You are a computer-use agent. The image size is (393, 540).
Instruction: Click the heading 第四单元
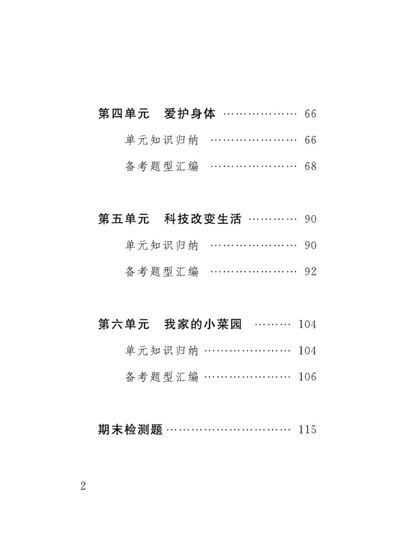click(123, 114)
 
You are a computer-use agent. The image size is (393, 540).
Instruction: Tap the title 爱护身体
click(190, 114)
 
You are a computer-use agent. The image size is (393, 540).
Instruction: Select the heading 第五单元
click(123, 219)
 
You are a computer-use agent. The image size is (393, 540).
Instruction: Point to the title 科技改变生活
click(203, 219)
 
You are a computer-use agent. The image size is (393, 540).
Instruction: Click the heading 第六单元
click(123, 324)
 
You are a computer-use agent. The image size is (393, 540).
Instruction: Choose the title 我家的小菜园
click(203, 324)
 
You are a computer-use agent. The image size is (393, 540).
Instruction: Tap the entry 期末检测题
click(130, 430)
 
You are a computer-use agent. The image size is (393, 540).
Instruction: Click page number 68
click(310, 166)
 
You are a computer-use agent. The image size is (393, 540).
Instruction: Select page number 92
click(310, 272)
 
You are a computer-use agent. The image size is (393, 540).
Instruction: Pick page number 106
click(307, 377)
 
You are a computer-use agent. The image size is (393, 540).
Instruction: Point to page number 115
click(307, 430)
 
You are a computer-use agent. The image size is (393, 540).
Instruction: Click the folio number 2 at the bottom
click(83, 486)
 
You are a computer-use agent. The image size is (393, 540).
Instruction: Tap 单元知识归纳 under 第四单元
click(162, 140)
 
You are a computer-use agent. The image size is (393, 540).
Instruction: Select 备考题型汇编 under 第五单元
click(162, 272)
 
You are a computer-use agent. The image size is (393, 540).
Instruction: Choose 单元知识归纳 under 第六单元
click(162, 351)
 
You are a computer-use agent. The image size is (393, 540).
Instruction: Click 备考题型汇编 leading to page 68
click(162, 166)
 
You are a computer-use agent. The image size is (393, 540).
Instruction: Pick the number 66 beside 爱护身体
click(310, 114)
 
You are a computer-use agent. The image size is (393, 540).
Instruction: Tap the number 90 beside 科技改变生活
click(310, 219)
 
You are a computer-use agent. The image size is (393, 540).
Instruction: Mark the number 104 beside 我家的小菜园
click(307, 324)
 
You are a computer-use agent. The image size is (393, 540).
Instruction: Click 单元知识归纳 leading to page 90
click(162, 246)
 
